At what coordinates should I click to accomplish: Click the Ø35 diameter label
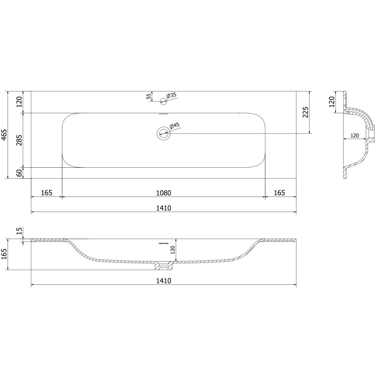tap(172, 95)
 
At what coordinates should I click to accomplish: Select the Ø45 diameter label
tap(174, 125)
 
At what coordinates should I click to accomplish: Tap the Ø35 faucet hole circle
tap(164, 102)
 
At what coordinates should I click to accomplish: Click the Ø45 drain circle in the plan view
tap(164, 133)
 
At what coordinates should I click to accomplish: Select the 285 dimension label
tap(19, 140)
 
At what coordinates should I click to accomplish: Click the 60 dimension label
tap(19, 172)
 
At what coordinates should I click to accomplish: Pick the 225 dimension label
tap(305, 112)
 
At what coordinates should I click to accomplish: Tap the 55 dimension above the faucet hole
tap(149, 96)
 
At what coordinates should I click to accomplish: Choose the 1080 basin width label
tap(164, 193)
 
